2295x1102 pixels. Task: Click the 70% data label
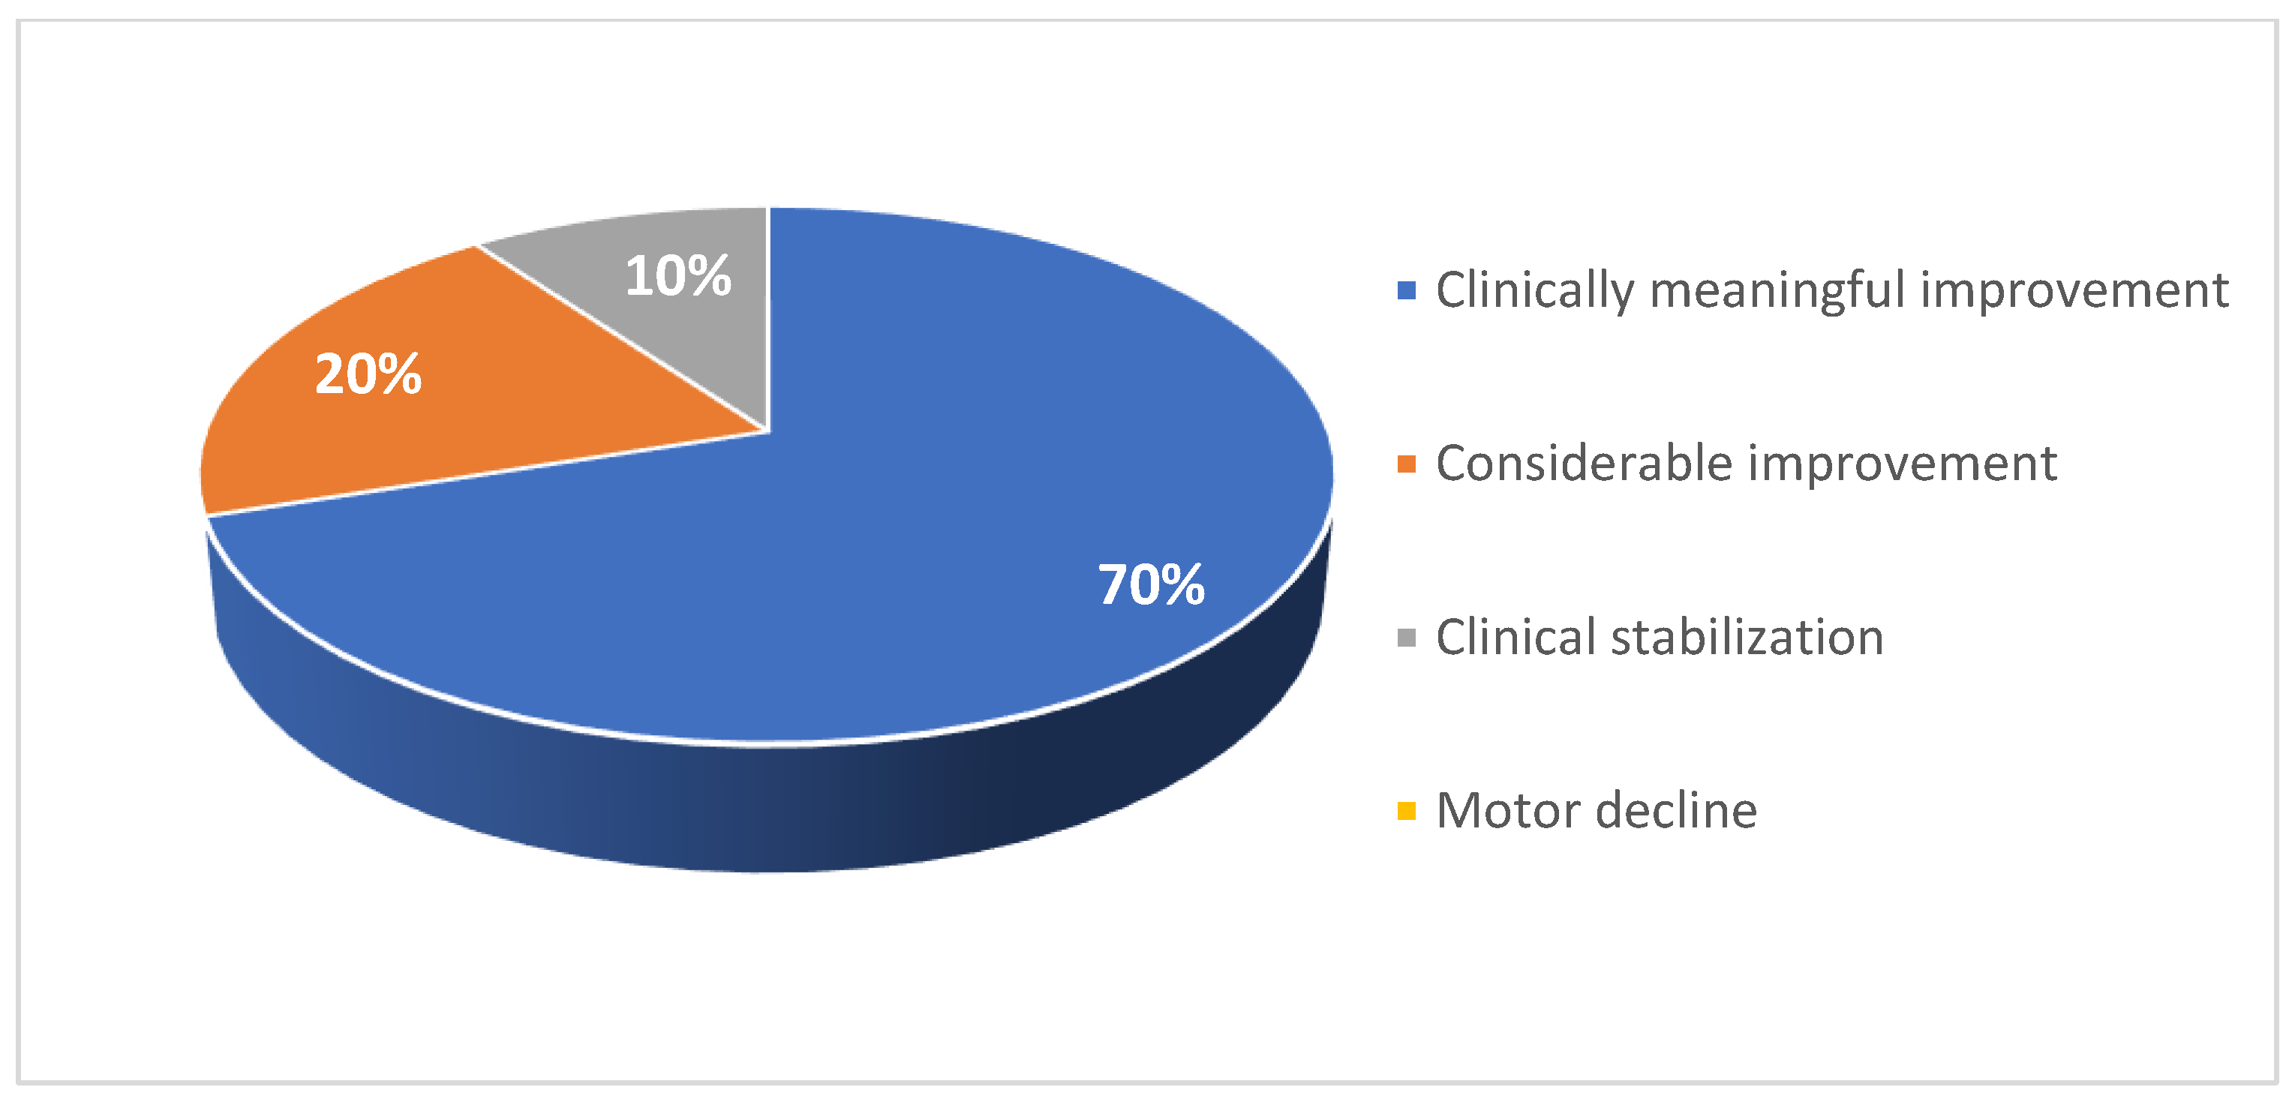click(x=1151, y=584)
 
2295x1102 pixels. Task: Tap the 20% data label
click(x=368, y=374)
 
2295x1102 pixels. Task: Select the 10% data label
click(x=678, y=275)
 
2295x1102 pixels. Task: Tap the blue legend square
click(x=1407, y=290)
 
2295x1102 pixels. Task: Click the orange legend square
click(x=1407, y=464)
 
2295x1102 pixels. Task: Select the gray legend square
click(x=1407, y=638)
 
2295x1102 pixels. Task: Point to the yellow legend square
click(x=1407, y=812)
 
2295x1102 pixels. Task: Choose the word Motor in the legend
click(x=1508, y=811)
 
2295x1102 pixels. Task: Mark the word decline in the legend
click(x=1677, y=811)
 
